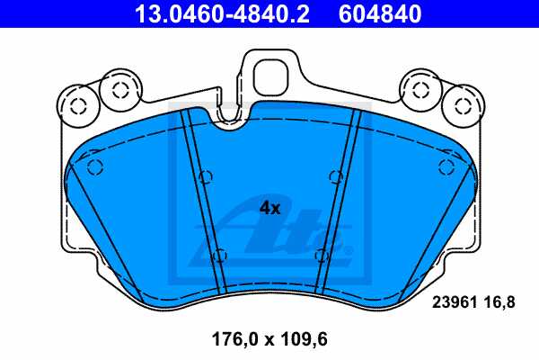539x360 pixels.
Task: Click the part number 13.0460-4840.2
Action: [219, 13]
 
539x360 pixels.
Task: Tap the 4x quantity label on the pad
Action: [269, 208]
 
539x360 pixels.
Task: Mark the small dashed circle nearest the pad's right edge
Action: [443, 166]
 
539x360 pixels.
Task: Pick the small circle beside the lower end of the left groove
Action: [219, 255]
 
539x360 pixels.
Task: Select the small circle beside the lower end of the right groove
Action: [321, 255]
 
